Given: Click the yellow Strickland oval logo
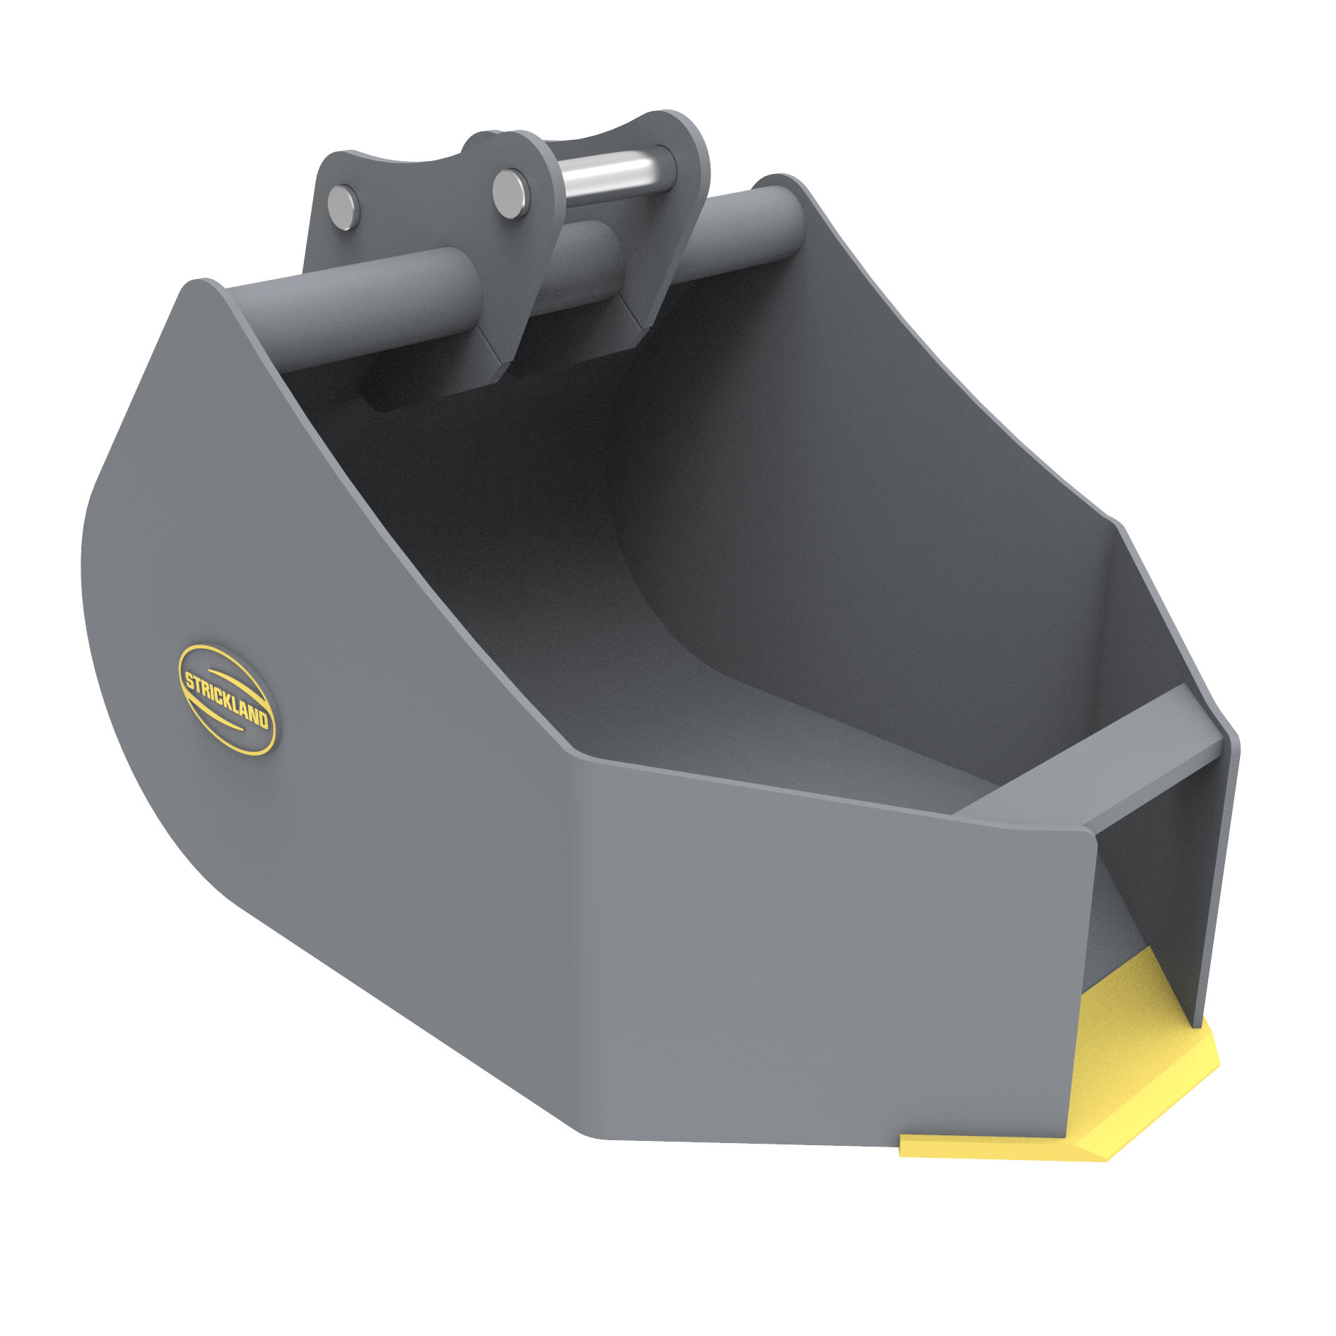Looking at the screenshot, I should coord(226,700).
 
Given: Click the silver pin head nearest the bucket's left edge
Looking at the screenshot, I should coord(344,206).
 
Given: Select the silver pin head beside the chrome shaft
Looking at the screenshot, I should coord(510,194).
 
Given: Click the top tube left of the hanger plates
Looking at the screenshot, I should coord(353,311).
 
